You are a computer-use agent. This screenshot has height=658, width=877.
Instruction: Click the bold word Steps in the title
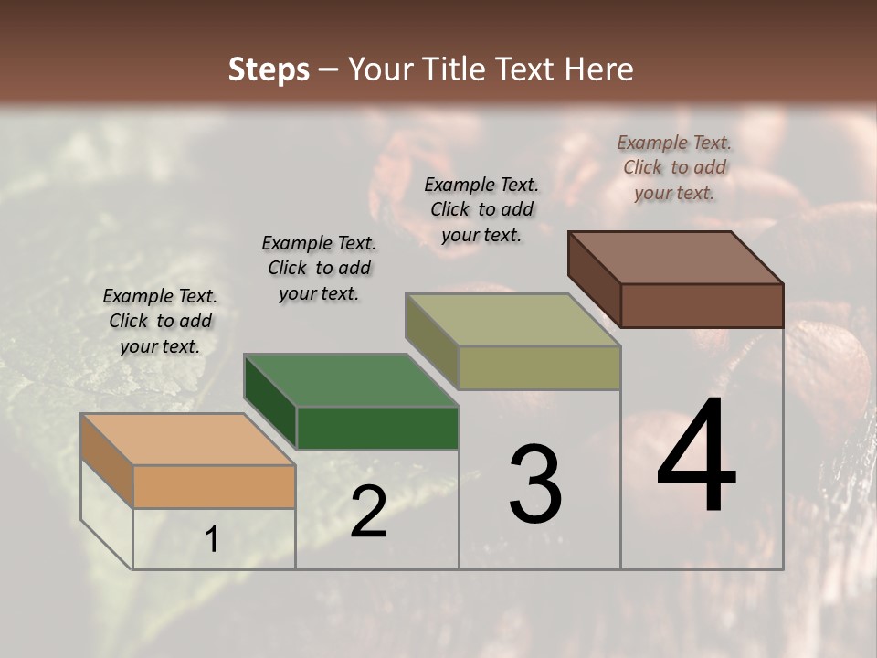point(269,69)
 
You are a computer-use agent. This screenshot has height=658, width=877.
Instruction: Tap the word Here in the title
point(598,69)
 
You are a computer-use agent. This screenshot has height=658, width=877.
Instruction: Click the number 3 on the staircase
point(535,484)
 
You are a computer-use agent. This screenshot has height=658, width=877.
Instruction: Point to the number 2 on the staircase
point(368,512)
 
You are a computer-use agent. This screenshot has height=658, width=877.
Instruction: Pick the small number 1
point(212,540)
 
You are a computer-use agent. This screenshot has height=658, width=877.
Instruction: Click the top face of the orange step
point(187,439)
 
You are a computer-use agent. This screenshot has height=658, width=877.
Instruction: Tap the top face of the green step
point(351,379)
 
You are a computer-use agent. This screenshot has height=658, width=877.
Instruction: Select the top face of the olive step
point(512,320)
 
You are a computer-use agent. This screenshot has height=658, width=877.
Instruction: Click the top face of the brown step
point(675,257)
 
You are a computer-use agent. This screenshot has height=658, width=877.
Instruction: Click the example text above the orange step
point(160,321)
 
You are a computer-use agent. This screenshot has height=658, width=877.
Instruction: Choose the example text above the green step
point(319,268)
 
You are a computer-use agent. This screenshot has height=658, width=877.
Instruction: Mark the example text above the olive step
point(481,209)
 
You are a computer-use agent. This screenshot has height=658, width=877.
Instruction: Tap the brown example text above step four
point(674,167)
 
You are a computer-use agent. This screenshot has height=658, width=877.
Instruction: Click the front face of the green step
point(377,429)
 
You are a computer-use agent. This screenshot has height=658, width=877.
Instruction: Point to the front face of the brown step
point(702,305)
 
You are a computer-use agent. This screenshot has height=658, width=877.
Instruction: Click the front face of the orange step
point(214,487)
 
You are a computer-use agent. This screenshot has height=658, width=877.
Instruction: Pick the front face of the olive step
point(539,368)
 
